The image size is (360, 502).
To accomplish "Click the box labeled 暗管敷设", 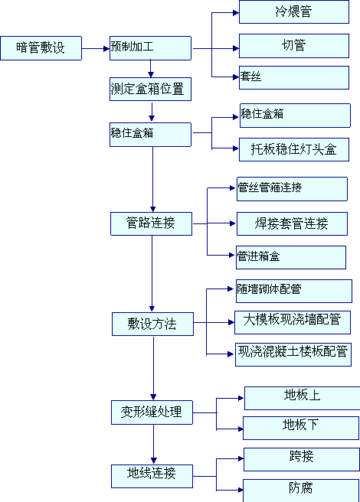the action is pos(41,48).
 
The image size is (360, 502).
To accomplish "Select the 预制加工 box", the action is pos(150,48).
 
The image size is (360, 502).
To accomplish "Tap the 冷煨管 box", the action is pos(294,11).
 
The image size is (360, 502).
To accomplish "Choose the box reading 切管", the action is pos(294,46).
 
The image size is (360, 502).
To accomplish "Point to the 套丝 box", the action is pos(294,77).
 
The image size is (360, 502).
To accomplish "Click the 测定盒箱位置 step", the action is pos(150,89).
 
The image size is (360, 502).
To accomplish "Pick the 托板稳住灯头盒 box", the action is pos(294,149).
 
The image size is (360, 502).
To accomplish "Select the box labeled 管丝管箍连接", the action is pos(292,189).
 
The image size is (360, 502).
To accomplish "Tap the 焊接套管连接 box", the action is pos(292,223).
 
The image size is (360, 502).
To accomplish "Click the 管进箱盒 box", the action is pos(291,257).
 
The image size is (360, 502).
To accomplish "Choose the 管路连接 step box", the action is pos(152,223).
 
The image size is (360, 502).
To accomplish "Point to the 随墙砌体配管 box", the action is pos(294,291).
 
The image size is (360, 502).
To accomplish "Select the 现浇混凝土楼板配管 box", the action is pos(293,354).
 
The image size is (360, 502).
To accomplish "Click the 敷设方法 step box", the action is pos(152,324).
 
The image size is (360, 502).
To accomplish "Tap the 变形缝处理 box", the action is pos(152,412).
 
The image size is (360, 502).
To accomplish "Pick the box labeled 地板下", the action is pos(301,428).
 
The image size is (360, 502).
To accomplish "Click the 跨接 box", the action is pos(302,459).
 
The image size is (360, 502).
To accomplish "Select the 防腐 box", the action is pos(301,491).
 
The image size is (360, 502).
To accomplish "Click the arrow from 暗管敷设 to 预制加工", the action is pos(96,49).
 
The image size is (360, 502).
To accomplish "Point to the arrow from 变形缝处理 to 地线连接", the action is pos(153,445).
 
